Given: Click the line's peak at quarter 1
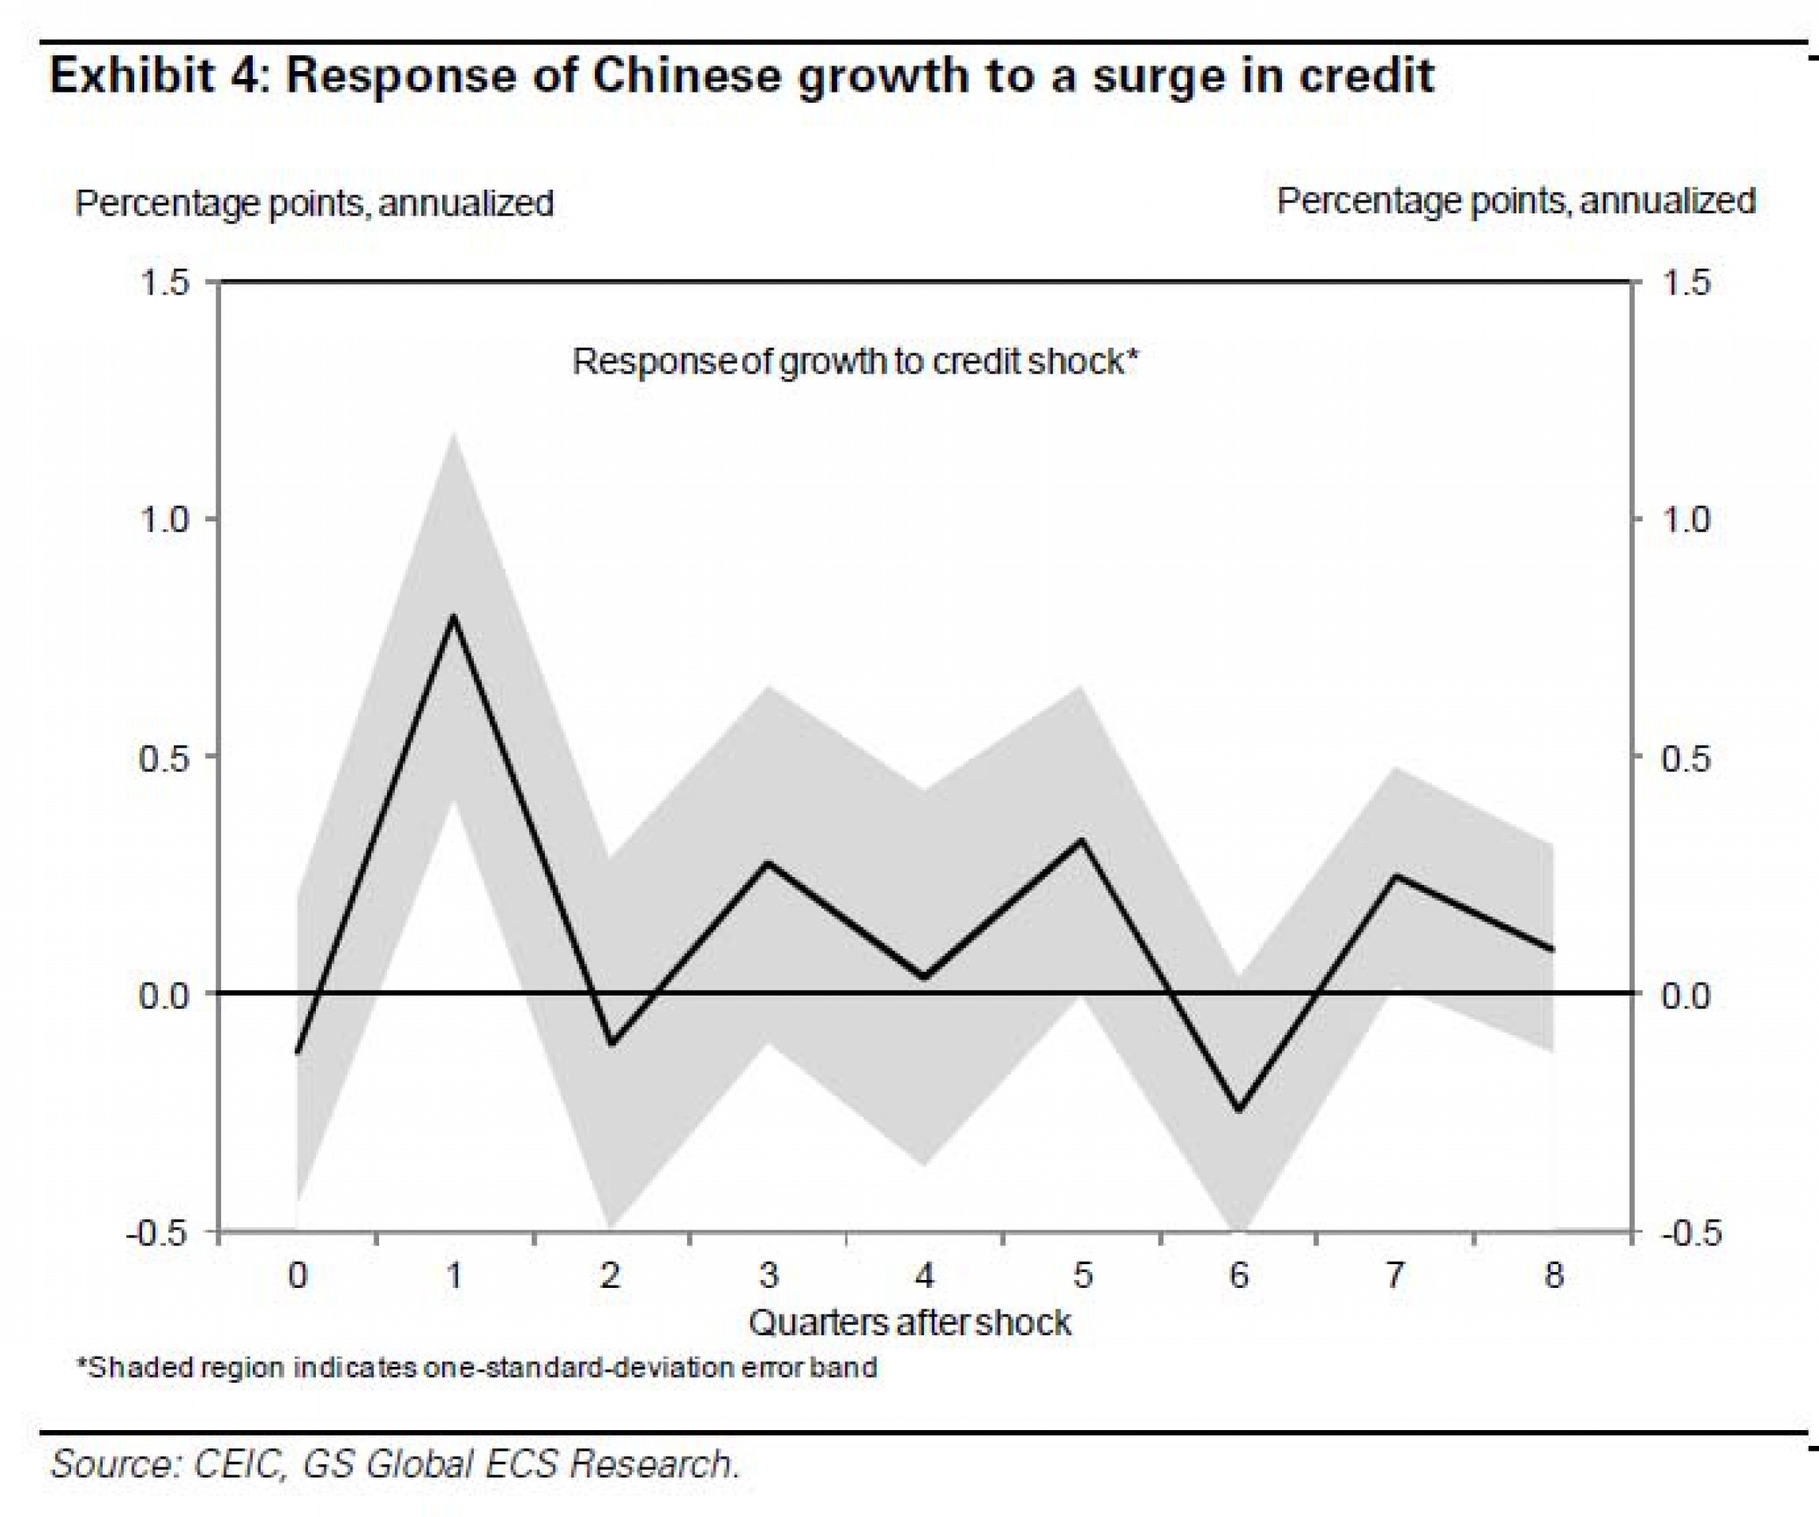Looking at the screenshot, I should [453, 616].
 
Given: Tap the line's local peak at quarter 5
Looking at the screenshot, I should [1082, 840].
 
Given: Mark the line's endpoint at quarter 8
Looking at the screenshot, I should [1553, 950].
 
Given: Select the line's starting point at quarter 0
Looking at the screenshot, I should [297, 1052].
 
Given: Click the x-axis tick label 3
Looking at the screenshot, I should [769, 1276].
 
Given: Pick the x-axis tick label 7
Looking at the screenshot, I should [1396, 1276].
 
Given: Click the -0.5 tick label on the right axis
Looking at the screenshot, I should [1685, 1233].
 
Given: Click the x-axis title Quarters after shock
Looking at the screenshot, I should [910, 1323].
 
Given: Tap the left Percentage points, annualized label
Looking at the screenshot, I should [314, 204].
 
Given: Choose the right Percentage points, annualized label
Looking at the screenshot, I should [1516, 201].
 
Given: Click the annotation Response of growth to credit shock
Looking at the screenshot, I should [854, 361].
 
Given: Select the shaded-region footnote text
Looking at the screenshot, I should [477, 1368].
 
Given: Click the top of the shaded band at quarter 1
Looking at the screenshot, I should [453, 433].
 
